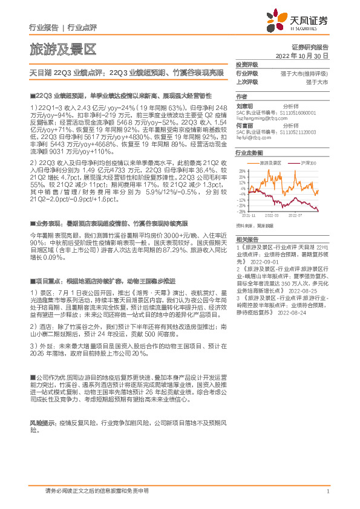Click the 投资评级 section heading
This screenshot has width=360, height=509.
[x=247, y=64]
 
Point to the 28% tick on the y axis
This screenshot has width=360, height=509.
[x=242, y=171]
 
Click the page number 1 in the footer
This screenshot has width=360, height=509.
[x=327, y=491]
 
